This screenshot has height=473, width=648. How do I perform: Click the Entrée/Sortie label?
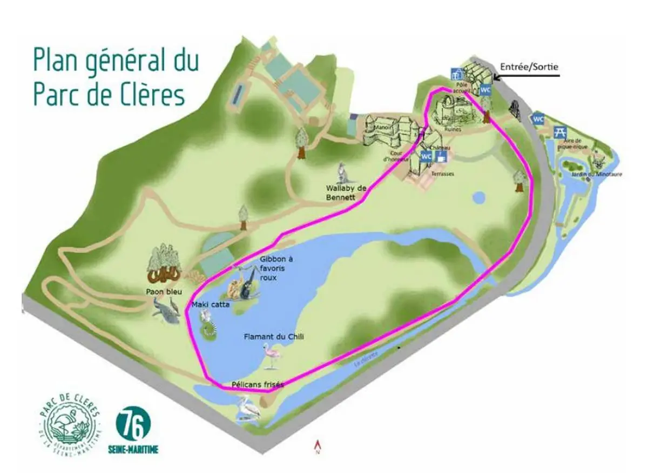(x=529, y=67)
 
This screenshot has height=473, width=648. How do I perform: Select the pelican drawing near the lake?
(x=248, y=408)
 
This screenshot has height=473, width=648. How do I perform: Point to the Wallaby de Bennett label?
(x=346, y=192)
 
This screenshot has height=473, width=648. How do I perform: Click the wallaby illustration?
(x=342, y=172)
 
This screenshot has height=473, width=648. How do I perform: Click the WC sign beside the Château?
(x=426, y=157)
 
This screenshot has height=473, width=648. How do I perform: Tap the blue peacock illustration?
(x=166, y=312)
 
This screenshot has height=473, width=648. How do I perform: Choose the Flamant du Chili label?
(x=274, y=336)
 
